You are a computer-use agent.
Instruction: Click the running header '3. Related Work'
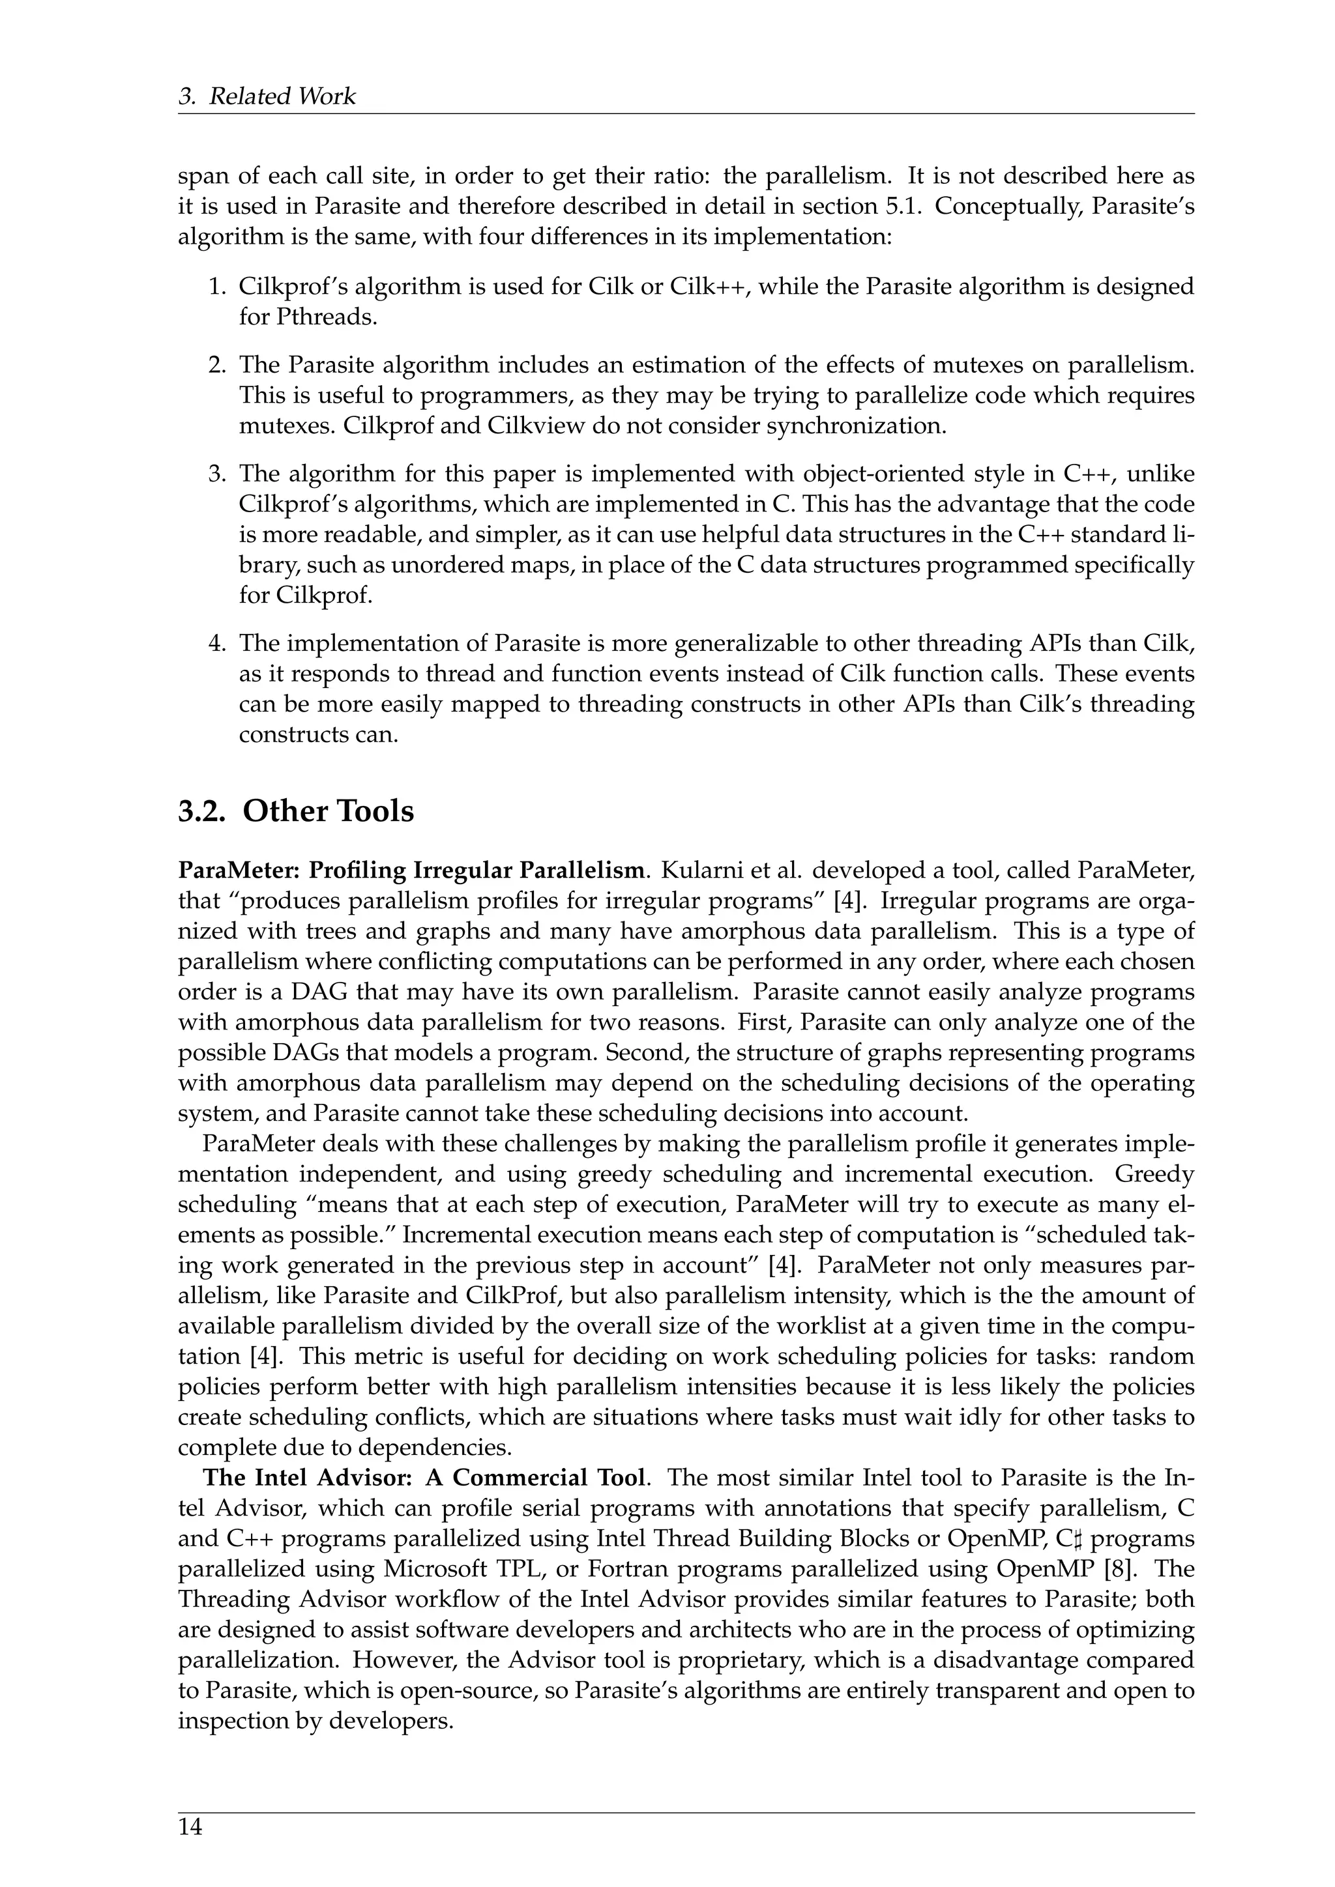point(267,96)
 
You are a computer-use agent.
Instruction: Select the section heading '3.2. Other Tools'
point(296,811)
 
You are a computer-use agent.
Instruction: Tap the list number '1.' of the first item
point(216,287)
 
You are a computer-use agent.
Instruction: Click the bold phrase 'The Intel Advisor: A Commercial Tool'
point(423,1478)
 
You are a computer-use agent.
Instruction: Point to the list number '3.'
point(216,474)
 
